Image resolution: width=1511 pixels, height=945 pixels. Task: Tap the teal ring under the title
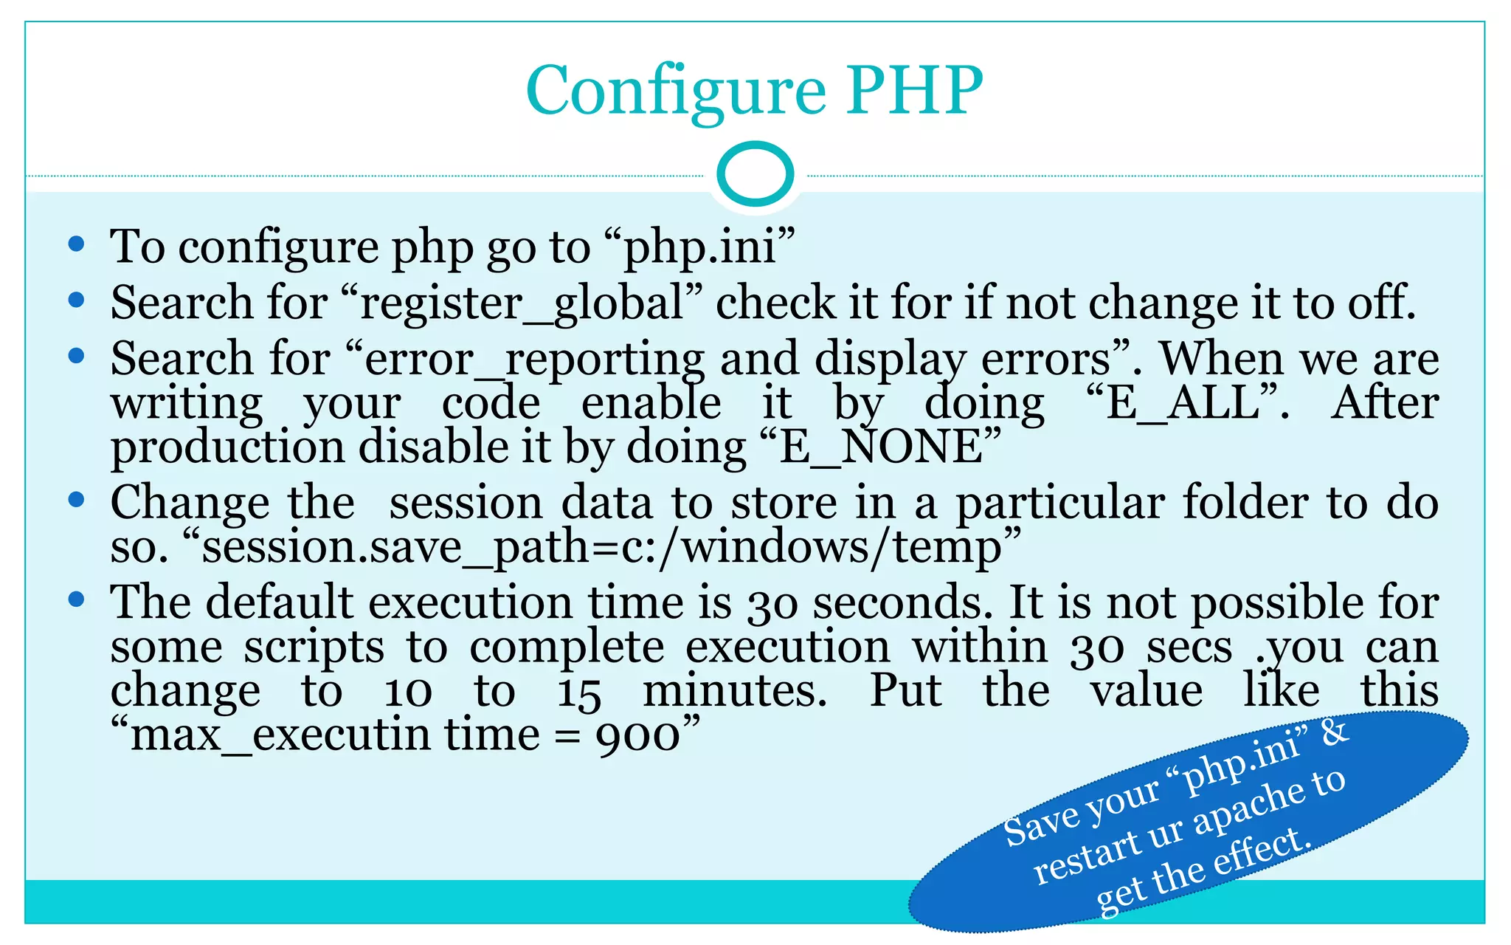pyautogui.click(x=755, y=174)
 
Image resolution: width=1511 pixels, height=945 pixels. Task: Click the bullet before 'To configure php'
pyautogui.click(x=76, y=244)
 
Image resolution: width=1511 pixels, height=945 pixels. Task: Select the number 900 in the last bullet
pyautogui.click(x=637, y=736)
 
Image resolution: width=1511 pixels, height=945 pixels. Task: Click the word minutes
pyautogui.click(x=735, y=692)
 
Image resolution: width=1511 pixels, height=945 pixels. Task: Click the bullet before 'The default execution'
pyautogui.click(x=76, y=599)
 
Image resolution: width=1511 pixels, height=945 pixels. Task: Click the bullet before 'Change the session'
pyautogui.click(x=76, y=500)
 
